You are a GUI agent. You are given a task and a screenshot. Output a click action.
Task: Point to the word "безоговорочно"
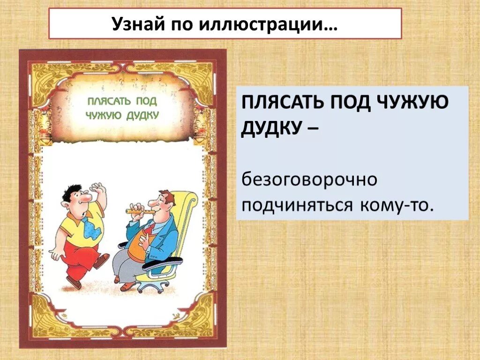pos(309,180)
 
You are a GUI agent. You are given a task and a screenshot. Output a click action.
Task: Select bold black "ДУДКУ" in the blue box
pos(269,127)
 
